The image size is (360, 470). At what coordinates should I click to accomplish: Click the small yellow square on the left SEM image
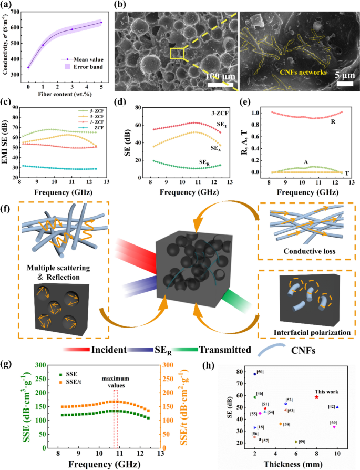click(x=177, y=53)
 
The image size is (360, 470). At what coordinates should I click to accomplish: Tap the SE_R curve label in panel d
click(x=206, y=162)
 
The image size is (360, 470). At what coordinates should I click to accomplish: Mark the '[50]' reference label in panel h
click(x=261, y=372)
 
